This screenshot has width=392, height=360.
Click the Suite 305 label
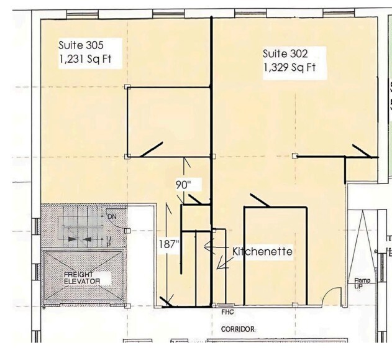pyautogui.click(x=81, y=45)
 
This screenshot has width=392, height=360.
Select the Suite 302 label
pyautogui.click(x=285, y=54)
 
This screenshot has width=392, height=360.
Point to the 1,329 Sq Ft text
pyautogui.click(x=289, y=67)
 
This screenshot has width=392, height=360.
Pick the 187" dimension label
pyautogui.click(x=168, y=244)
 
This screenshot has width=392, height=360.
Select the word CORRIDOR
pyautogui.click(x=237, y=329)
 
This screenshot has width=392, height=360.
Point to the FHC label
pyautogui.click(x=227, y=313)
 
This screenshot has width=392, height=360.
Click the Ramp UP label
pyautogui.click(x=362, y=283)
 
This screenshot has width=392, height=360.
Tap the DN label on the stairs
pyautogui.click(x=112, y=216)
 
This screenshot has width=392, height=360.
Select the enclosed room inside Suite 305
pyautogui.click(x=168, y=121)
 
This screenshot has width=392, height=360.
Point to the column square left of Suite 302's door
pyautogui.click(x=296, y=155)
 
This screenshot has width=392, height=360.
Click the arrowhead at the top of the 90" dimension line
pyautogui.click(x=185, y=160)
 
